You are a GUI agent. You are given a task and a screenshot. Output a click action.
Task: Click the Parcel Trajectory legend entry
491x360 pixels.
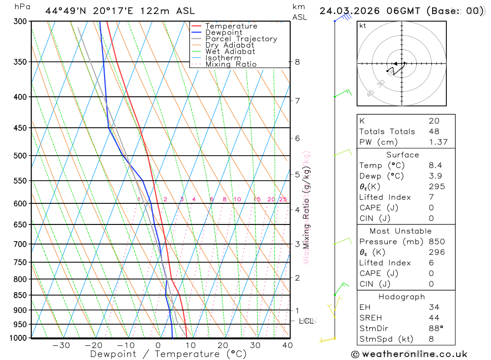coord(241,39)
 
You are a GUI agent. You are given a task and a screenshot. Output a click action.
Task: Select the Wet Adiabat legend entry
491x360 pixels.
coord(230,52)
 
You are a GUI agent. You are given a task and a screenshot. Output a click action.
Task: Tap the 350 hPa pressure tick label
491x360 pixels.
coord(20,62)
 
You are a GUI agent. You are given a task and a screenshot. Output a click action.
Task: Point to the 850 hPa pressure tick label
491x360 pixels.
coord(20,295)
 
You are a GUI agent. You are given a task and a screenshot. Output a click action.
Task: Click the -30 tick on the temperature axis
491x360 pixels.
coord(61,345)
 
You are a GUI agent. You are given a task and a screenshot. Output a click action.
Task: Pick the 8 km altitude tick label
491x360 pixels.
coord(297,62)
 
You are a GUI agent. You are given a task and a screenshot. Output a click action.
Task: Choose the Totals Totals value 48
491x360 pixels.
coord(434,132)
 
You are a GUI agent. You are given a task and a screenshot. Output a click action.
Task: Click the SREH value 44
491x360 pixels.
coord(434,318)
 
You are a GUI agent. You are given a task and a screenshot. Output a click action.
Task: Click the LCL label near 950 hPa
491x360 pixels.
coord(306,321)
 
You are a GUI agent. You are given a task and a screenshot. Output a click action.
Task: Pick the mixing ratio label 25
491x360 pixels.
coord(283,199)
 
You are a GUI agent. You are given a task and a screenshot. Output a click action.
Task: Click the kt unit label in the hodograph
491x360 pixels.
coord(363,26)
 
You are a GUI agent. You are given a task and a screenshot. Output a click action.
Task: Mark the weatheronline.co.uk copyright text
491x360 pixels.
coord(409,354)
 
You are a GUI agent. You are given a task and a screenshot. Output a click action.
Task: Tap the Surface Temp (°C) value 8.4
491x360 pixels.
coord(436,166)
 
